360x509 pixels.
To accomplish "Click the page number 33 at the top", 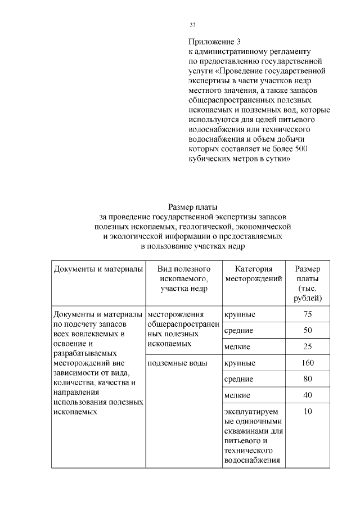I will pos(192,25).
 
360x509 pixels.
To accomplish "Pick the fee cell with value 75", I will pos(308,314).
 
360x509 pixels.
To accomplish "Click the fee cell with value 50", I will pos(308,330).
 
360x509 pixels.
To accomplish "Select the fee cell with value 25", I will pos(308,346).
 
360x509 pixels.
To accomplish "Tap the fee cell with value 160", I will pos(308,363).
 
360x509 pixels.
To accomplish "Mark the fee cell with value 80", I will pos(308,379).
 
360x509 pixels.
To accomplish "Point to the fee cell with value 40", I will pos(308,395).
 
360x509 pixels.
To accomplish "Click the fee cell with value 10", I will pos(308,412).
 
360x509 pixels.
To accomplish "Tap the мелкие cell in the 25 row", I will pos(237,347).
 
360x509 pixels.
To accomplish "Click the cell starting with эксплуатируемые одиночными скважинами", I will pos(253,436).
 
